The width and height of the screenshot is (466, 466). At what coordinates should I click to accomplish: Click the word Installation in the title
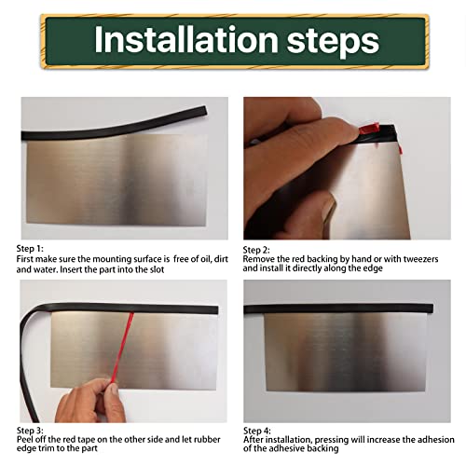[x=179, y=41]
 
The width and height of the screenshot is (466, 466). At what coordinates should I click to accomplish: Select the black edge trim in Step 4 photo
[x=345, y=307]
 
